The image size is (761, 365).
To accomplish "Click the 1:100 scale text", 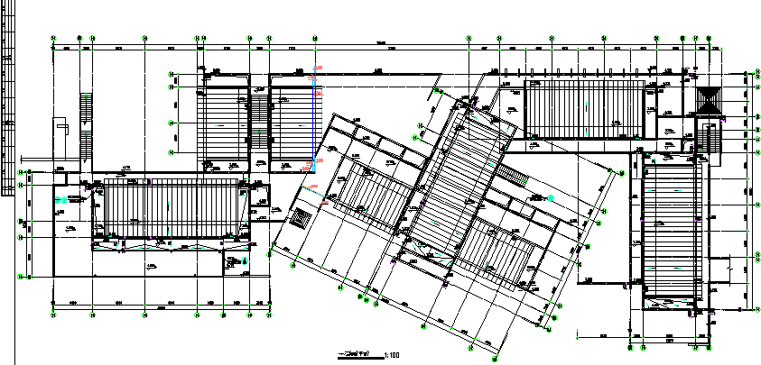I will pos(392,355).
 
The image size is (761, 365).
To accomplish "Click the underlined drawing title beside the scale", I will pos(357,354).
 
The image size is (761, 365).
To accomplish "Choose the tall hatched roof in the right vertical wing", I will pos(670,230).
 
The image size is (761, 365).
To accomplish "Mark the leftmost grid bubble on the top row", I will pos(54,39).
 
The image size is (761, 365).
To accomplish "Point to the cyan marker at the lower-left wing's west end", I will pos(60,196).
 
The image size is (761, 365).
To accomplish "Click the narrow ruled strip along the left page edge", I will pos(6,99).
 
